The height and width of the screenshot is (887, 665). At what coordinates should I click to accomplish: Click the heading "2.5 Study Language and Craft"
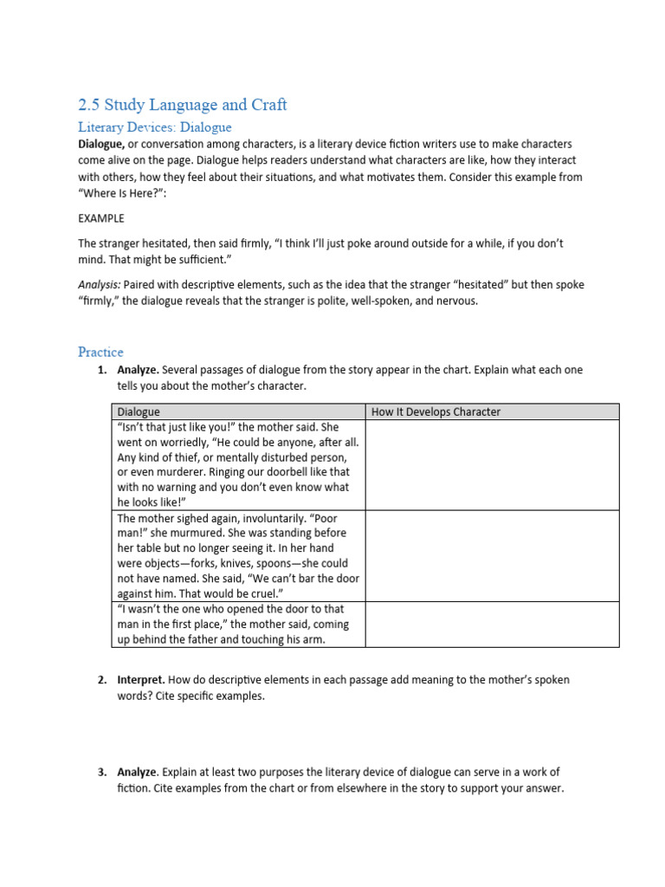[x=182, y=105]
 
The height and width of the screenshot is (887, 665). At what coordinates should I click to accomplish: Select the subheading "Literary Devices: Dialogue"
[x=155, y=127]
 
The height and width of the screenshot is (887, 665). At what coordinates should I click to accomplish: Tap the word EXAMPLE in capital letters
[x=100, y=217]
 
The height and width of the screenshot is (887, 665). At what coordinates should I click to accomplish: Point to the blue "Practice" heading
[x=100, y=352]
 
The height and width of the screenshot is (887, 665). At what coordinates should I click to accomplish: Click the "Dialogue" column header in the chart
[x=139, y=411]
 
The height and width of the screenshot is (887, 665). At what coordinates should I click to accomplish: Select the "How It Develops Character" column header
[x=436, y=411]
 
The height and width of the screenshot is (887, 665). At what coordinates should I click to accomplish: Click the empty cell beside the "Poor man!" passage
[x=492, y=555]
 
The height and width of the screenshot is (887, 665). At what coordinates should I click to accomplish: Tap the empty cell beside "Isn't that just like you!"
[x=492, y=465]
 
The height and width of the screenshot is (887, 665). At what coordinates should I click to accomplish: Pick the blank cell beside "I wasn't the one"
[x=492, y=624]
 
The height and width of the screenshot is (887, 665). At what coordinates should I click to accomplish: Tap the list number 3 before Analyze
[x=101, y=772]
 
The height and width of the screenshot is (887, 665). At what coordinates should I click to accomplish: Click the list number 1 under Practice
[x=101, y=370]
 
